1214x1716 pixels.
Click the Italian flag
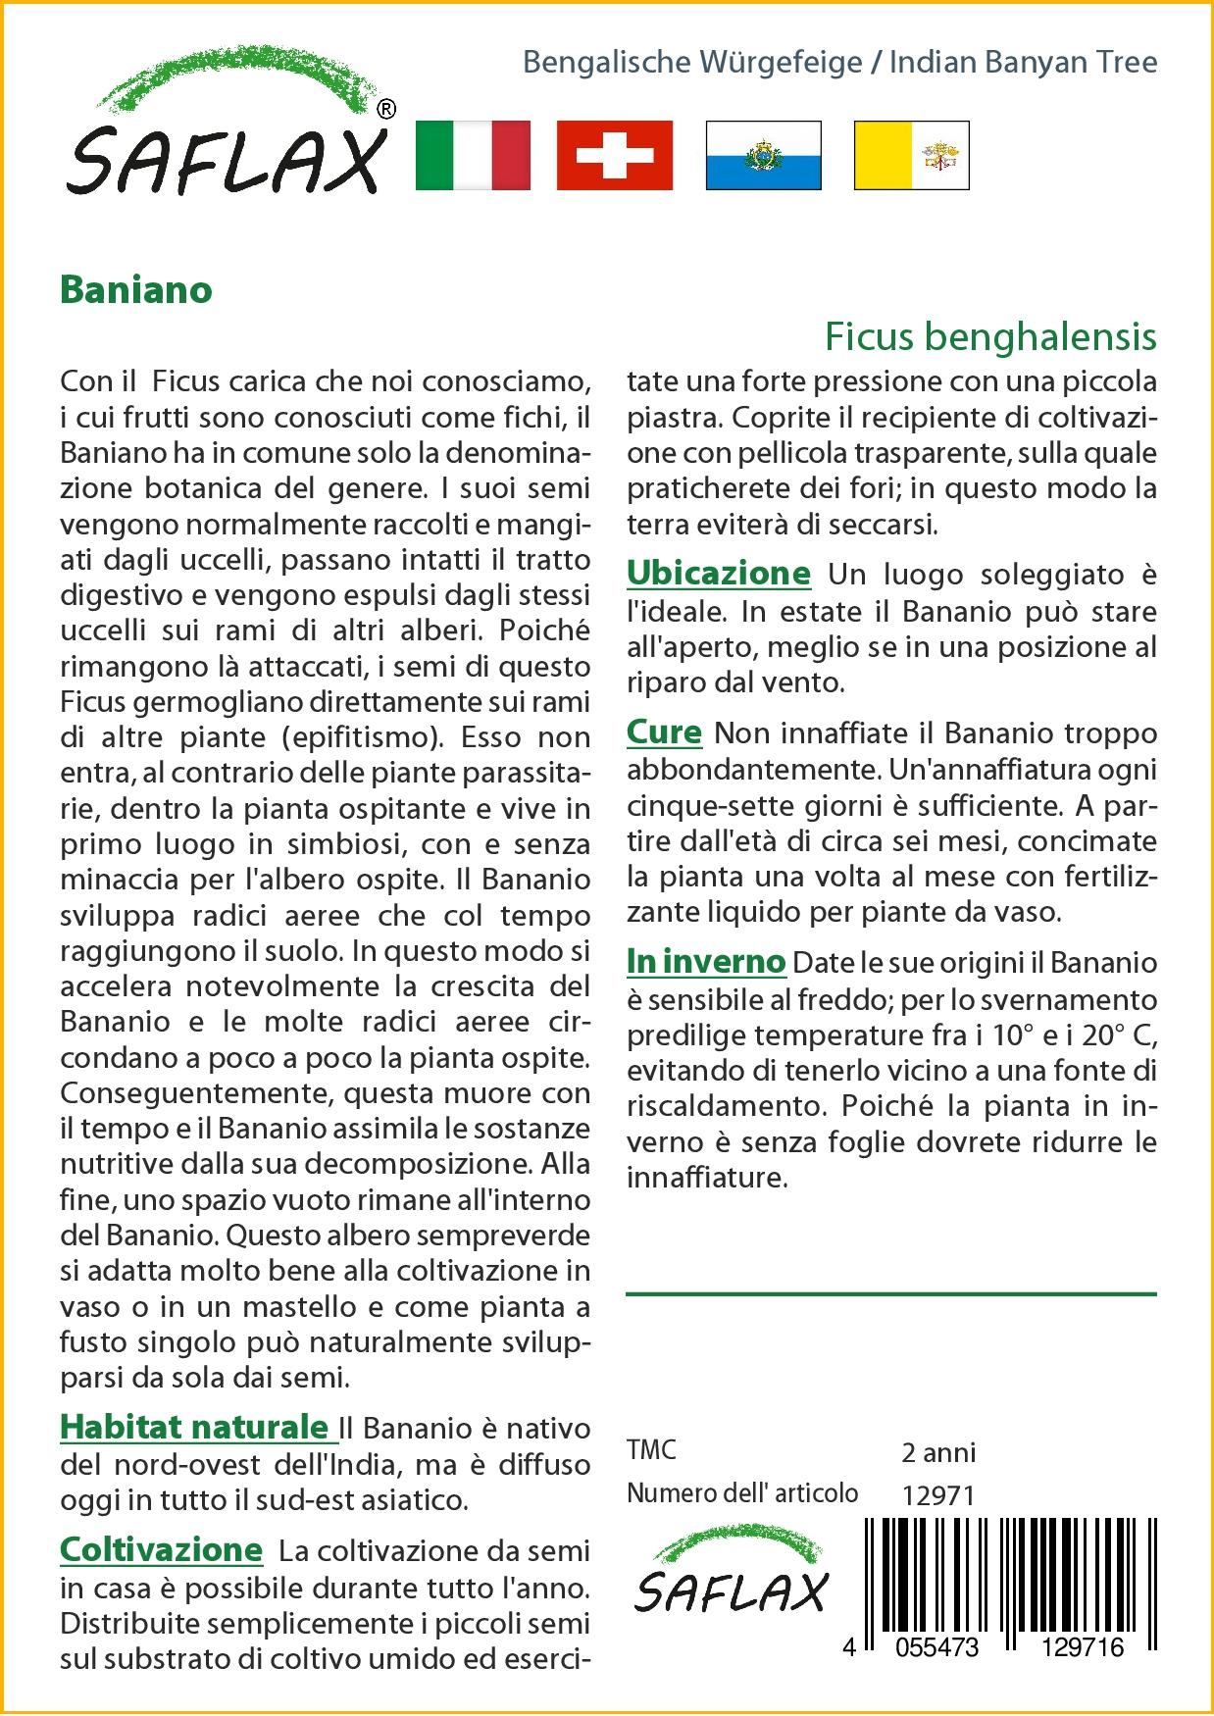pyautogui.click(x=473, y=155)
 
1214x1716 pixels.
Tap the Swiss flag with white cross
pyautogui.click(x=615, y=155)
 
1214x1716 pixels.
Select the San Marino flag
pyautogui.click(x=763, y=155)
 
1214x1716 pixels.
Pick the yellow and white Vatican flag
pyautogui.click(x=911, y=155)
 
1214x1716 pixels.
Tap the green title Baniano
pyautogui.click(x=136, y=290)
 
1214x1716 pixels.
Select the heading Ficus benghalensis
pyautogui.click(x=990, y=336)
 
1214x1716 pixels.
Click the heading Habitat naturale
pyautogui.click(x=195, y=1427)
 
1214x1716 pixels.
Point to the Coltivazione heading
pyautogui.click(x=162, y=1550)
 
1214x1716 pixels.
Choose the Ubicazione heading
pyautogui.click(x=719, y=574)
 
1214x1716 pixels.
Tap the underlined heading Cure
pyautogui.click(x=664, y=732)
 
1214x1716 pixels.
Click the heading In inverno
pyautogui.click(x=706, y=962)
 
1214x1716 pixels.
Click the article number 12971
pyautogui.click(x=937, y=1495)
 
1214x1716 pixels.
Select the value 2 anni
pyautogui.click(x=938, y=1452)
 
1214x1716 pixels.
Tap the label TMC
pyautogui.click(x=651, y=1450)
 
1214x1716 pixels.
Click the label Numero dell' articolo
pyautogui.click(x=742, y=1493)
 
